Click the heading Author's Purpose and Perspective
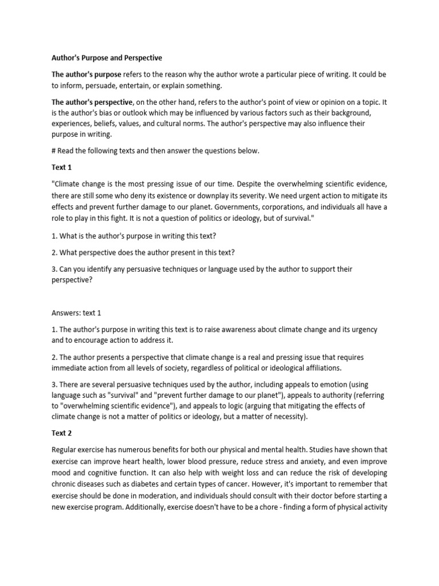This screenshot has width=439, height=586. coord(107,58)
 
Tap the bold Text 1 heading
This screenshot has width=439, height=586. coord(62,168)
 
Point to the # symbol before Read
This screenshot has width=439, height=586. coord(54,151)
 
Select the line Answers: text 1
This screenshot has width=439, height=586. coord(76,313)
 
